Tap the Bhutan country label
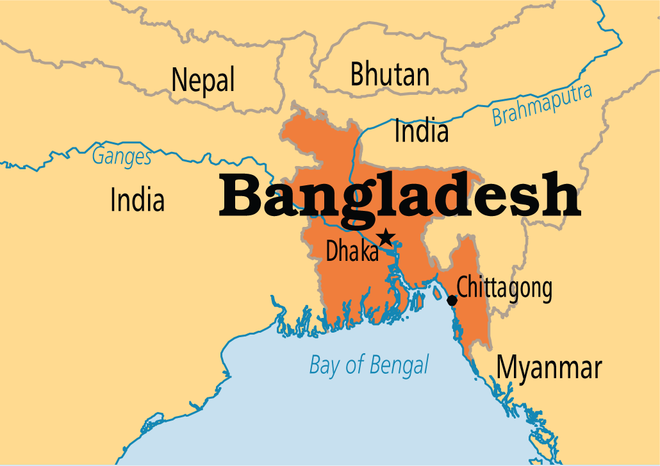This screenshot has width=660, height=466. coord(390,75)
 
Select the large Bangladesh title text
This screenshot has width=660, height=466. coord(400,196)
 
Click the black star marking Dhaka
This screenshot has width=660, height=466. coord(385,238)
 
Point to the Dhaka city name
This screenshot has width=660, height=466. coord(352,251)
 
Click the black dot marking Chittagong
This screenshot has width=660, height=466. coord(452,300)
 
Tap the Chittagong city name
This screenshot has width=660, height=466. coord(504,288)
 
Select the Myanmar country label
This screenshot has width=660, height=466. coord(550,369)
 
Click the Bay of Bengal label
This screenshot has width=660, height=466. coord(369,365)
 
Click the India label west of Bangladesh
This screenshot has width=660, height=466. coord(137,200)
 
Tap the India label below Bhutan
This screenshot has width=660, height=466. coord(421,131)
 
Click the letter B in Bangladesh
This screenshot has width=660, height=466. coord(241,196)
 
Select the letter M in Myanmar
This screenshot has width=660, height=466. coord(510,368)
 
